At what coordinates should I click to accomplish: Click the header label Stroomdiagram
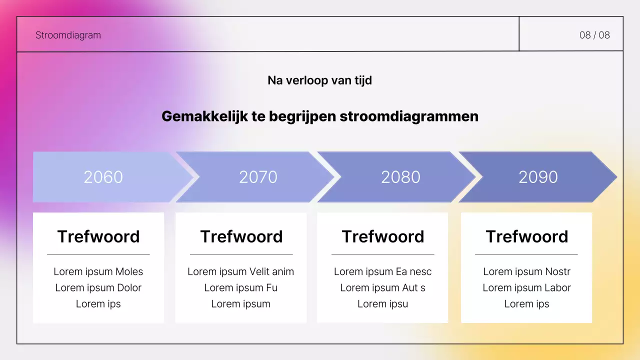[68, 35]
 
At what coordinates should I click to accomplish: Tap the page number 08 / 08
[594, 35]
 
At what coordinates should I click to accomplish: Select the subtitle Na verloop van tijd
[319, 80]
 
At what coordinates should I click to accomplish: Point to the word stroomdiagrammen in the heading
[409, 116]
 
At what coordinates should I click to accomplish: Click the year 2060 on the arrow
[103, 177]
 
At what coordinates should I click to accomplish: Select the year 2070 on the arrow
[258, 177]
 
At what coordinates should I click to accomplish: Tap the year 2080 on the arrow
[400, 177]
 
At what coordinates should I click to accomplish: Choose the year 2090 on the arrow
[538, 177]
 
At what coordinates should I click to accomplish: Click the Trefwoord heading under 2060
[98, 236]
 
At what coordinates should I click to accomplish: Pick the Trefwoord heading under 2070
[241, 236]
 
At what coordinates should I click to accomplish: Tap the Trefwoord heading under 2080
[383, 236]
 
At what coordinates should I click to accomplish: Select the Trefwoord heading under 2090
[527, 236]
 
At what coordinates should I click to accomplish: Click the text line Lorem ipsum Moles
[98, 271]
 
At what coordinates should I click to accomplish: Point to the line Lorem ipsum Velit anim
[240, 271]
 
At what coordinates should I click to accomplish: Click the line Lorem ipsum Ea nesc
[382, 271]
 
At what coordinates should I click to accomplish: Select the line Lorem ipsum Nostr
[526, 271]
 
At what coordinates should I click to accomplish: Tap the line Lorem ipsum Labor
[526, 287]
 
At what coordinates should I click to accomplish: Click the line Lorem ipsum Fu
[240, 287]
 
